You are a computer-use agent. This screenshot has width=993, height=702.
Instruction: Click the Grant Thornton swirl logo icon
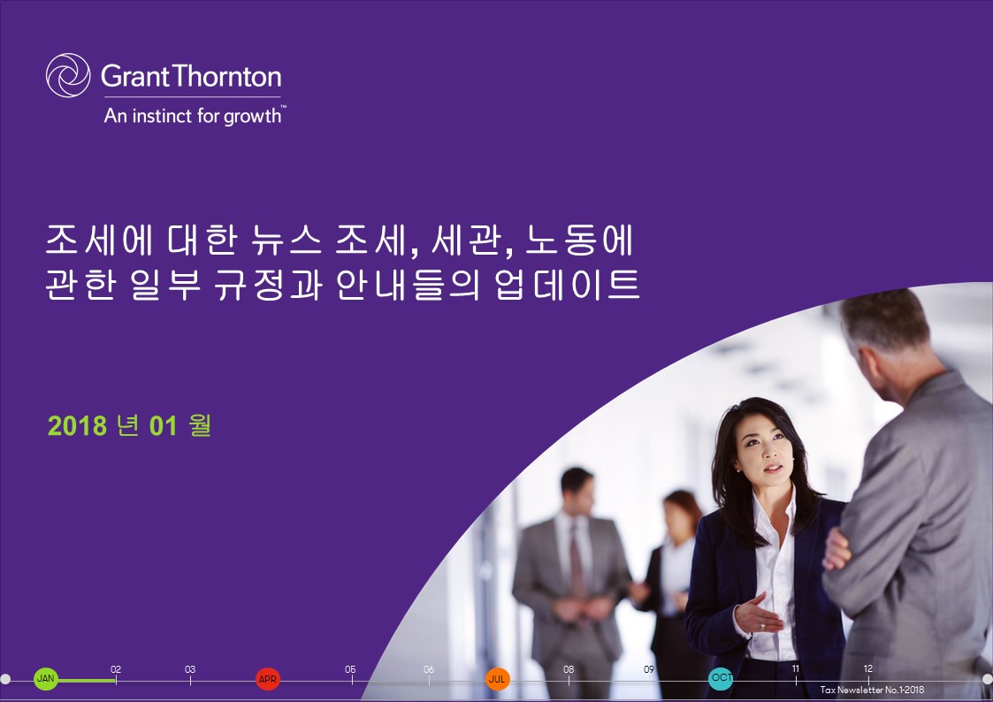tap(68, 75)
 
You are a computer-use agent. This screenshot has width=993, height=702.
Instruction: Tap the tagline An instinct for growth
tap(194, 115)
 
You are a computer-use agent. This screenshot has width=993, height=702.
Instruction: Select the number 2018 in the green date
tap(78, 426)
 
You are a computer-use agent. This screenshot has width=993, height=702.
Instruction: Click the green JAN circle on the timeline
tap(46, 679)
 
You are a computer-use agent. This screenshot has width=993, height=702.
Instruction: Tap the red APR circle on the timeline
tap(268, 679)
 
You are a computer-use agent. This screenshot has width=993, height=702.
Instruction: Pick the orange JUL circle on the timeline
tap(498, 679)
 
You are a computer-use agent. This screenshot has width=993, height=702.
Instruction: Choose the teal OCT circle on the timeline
tap(721, 678)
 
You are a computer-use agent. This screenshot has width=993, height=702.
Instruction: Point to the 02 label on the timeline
tap(116, 670)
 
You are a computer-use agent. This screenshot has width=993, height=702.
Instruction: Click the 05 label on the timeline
tap(351, 670)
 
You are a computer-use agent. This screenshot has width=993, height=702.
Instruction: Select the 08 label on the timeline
tap(569, 670)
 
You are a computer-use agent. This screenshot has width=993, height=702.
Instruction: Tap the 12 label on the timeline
tap(868, 669)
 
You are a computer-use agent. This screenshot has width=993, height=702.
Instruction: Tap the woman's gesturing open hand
tap(759, 612)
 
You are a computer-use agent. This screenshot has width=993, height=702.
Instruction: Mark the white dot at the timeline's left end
tap(5, 679)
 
